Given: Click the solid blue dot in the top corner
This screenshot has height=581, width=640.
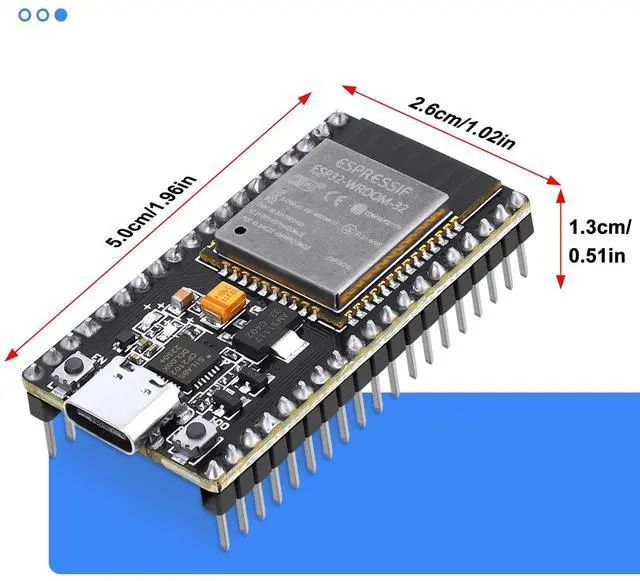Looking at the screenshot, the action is [x=61, y=15].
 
